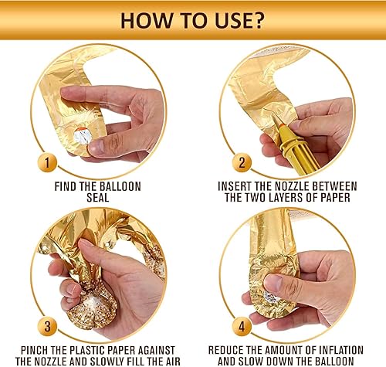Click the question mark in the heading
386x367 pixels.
click(x=256, y=20)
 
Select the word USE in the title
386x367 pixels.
click(x=230, y=20)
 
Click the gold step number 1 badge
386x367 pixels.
click(x=47, y=163)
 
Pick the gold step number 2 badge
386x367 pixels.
click(x=242, y=163)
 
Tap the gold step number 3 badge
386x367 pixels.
click(x=47, y=326)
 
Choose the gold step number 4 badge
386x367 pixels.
click(x=242, y=326)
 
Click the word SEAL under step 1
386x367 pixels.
click(x=98, y=198)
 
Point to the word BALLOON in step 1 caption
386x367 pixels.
click(x=120, y=186)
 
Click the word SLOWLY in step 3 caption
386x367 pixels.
click(x=112, y=361)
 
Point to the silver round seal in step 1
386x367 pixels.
click(x=83, y=135)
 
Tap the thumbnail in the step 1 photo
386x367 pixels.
click(x=96, y=147)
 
